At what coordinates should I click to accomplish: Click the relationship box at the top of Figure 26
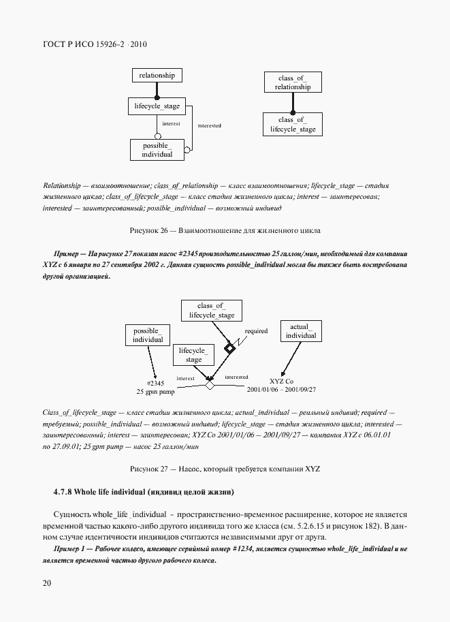(x=157, y=75)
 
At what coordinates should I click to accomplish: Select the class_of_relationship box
(x=293, y=82)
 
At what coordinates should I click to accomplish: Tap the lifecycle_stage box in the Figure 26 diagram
(x=157, y=106)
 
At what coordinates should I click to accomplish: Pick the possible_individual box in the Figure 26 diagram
(x=157, y=150)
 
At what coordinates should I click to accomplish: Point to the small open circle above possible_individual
(x=157, y=136)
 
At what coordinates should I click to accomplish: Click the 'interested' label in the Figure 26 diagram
(x=209, y=126)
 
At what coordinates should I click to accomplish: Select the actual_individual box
(x=300, y=331)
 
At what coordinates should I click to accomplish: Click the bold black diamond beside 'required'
(x=230, y=349)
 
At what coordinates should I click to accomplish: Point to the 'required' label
(x=256, y=332)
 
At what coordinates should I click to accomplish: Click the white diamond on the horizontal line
(x=210, y=385)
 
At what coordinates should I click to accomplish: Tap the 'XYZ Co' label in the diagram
(x=281, y=382)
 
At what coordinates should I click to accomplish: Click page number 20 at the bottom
(x=46, y=583)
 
